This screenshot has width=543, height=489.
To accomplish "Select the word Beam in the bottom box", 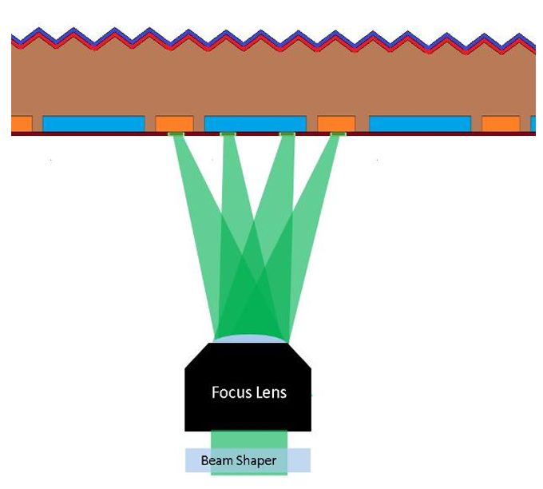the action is click(x=213, y=460).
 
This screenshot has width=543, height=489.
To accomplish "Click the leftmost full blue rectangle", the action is click(x=93, y=124).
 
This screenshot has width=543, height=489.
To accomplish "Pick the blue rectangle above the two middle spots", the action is click(x=256, y=124).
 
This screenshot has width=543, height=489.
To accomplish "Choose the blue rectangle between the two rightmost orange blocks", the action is click(x=420, y=124).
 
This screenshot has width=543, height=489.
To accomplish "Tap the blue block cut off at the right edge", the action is click(x=533, y=124).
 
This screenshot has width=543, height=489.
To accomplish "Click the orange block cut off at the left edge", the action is click(x=22, y=124).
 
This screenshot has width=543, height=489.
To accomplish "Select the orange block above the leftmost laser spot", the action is click(x=175, y=124).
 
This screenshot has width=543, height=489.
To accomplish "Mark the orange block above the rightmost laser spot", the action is click(x=336, y=124).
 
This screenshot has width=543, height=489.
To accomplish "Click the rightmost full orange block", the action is click(x=501, y=124).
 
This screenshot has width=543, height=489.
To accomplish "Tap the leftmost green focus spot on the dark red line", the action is click(x=176, y=134).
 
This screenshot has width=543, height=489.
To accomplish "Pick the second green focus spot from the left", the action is click(x=228, y=134).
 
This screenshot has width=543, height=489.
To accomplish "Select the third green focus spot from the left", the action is click(x=287, y=134).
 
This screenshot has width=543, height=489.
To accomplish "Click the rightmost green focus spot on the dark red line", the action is click(x=339, y=134).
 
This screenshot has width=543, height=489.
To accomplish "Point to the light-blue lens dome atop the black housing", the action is click(x=250, y=339).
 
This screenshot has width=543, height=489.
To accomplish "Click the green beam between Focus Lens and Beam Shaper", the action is click(x=249, y=439).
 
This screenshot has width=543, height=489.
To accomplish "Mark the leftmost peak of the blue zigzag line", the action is click(x=39, y=28).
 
